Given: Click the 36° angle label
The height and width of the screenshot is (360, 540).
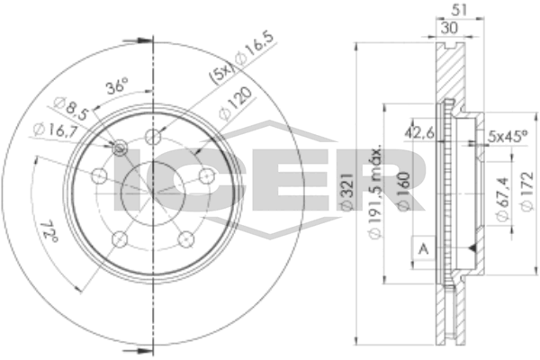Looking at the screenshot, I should [116, 88].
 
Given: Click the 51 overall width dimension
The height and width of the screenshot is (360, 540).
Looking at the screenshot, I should [458, 12].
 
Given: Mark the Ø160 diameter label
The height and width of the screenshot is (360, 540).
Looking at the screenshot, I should [405, 190].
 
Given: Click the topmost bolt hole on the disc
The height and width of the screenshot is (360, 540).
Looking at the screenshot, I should [154, 137].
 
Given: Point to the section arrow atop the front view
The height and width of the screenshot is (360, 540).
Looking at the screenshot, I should [140, 39].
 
